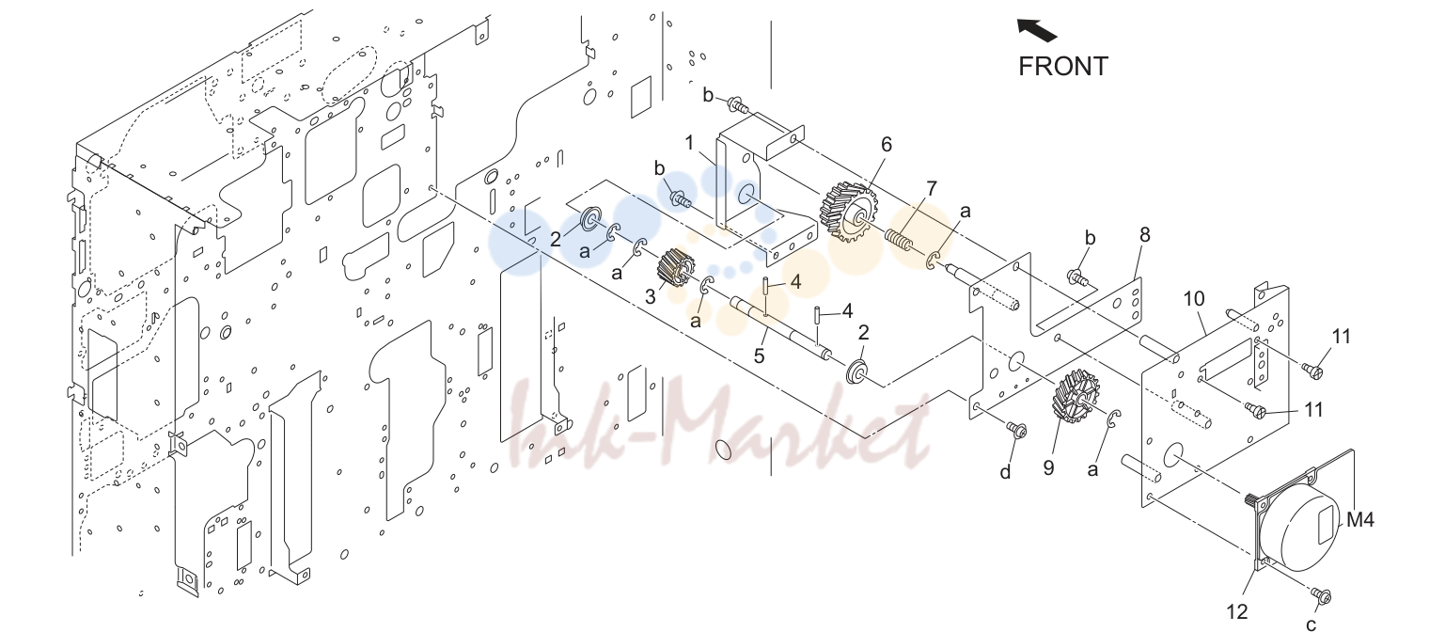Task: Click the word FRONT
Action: tap(1062, 67)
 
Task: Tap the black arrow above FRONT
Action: tap(1037, 30)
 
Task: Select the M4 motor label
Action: tap(1360, 520)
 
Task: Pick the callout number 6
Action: tap(887, 145)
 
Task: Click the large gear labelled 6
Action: tap(849, 211)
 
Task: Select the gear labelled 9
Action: tap(1076, 396)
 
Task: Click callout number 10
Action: tap(1194, 299)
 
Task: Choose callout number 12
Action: tap(1236, 610)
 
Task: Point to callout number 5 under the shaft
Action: tap(760, 355)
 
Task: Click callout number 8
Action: tap(1145, 235)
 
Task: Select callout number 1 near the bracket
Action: tap(690, 143)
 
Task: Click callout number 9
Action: tap(1048, 467)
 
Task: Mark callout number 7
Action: tap(932, 188)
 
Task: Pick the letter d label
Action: tap(1005, 472)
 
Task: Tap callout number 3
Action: tap(651, 297)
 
